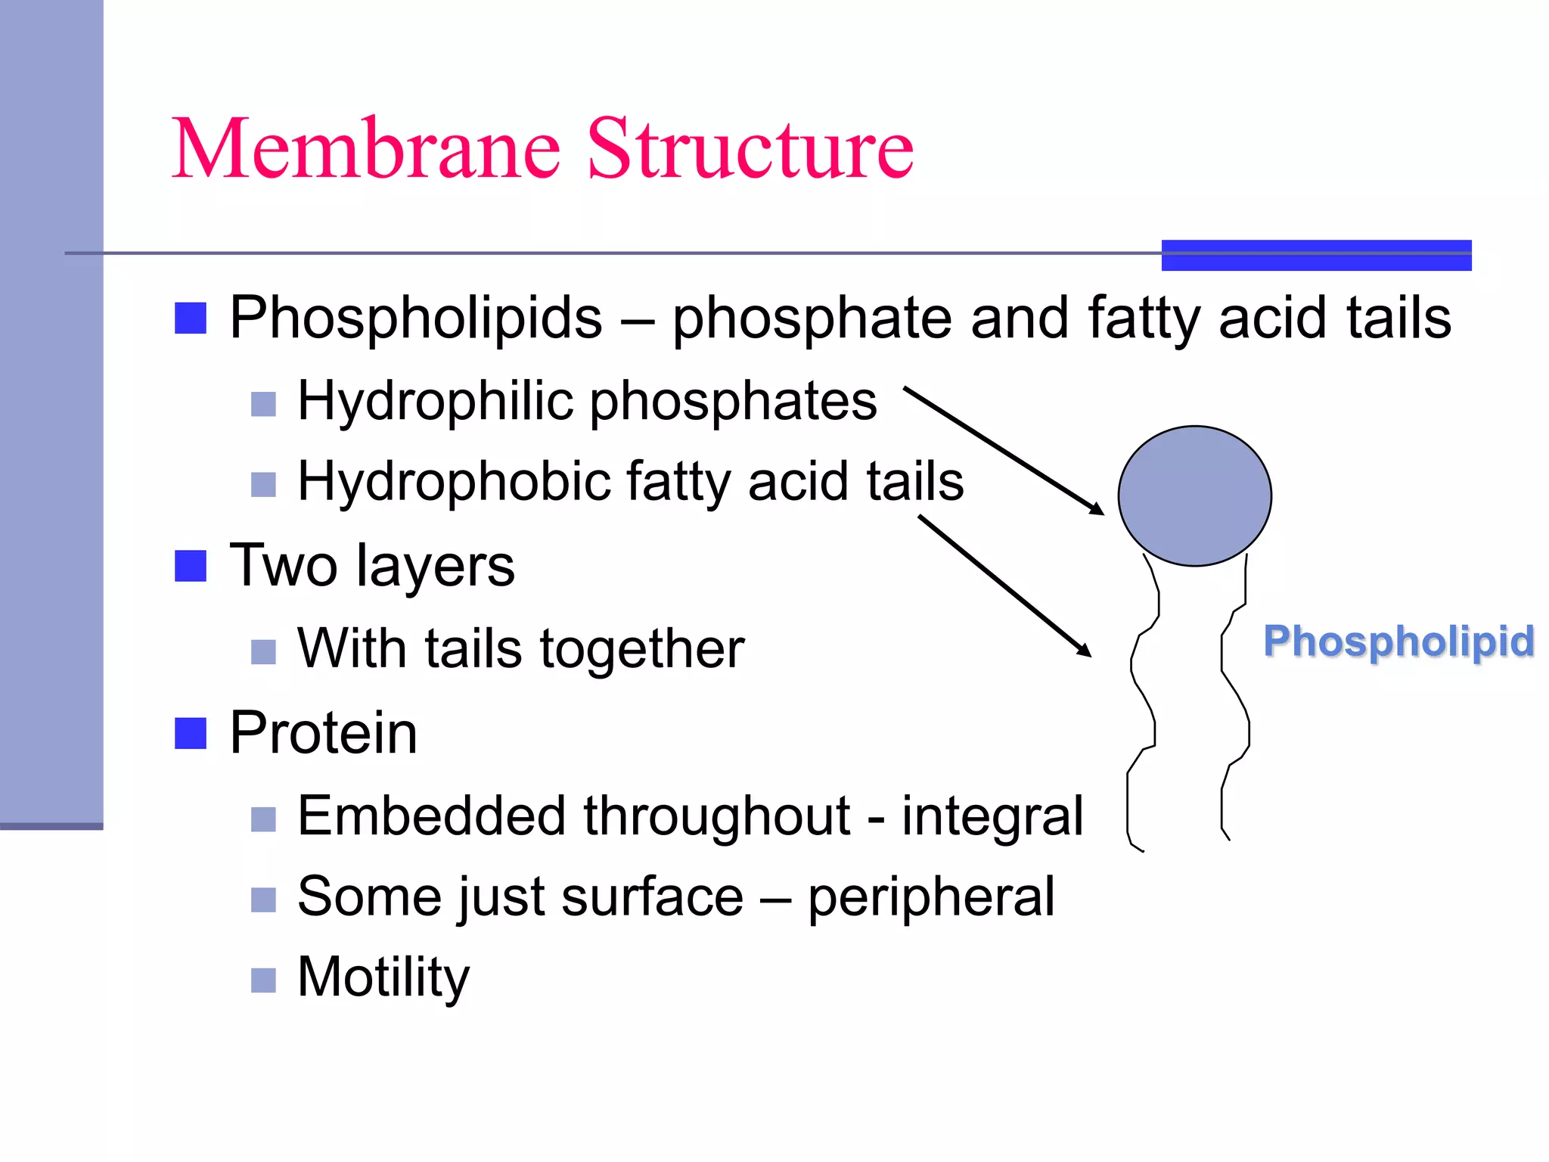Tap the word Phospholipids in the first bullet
click(415, 318)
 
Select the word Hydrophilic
click(436, 400)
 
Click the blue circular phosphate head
click(1194, 496)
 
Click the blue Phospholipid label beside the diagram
click(1398, 642)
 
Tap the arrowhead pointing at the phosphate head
click(1097, 509)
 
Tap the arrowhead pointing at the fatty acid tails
click(1085, 651)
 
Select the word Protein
click(323, 733)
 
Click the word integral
click(992, 816)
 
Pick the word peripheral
click(931, 897)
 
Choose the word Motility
click(383, 977)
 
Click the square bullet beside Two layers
click(191, 566)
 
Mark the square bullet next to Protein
click(191, 733)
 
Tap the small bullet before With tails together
click(263, 651)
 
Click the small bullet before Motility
click(263, 980)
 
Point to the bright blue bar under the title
click(1316, 255)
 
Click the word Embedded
click(431, 816)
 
